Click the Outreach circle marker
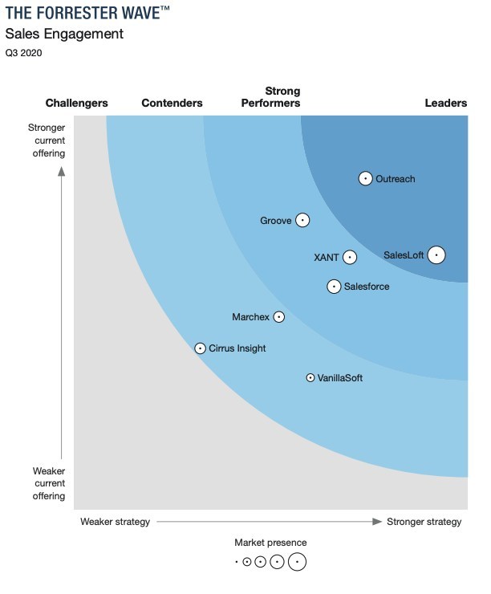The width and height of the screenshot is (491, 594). click(x=366, y=179)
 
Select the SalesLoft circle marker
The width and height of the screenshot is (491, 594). click(x=436, y=255)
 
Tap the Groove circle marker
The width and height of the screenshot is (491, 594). click(x=302, y=220)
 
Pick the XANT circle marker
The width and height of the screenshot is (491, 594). click(x=350, y=258)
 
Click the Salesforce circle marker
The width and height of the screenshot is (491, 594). click(x=335, y=287)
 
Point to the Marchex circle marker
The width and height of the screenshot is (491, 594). click(x=279, y=317)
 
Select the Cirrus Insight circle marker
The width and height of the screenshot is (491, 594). click(x=201, y=348)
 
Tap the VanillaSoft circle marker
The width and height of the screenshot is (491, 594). click(x=310, y=377)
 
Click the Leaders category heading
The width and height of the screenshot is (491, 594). click(x=445, y=103)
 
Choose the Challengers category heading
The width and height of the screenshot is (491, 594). click(x=77, y=103)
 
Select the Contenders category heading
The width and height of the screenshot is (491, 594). click(x=172, y=103)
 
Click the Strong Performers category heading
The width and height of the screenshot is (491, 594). click(x=270, y=97)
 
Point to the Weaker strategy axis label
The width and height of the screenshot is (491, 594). click(x=115, y=522)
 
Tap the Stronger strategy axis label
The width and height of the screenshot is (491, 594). click(x=424, y=522)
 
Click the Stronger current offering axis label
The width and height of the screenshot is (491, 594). click(x=47, y=140)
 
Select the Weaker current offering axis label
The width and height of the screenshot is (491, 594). click(x=49, y=483)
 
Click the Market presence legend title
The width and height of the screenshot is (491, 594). click(x=270, y=543)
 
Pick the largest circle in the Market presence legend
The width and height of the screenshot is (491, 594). click(x=297, y=562)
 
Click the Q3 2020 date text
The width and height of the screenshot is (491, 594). click(x=23, y=54)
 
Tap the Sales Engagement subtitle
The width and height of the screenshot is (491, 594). click(x=64, y=34)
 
